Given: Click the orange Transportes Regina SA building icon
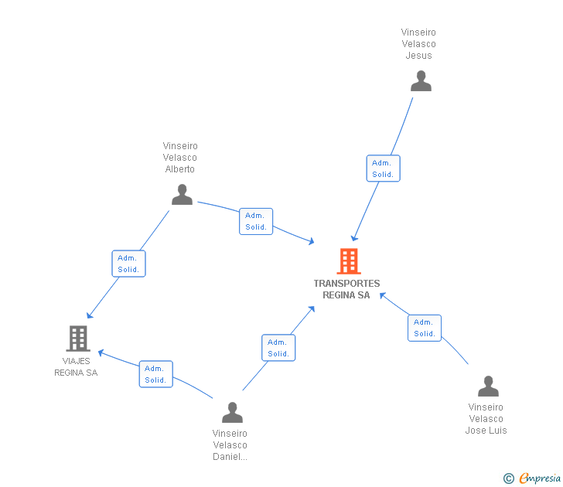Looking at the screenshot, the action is click(x=349, y=261).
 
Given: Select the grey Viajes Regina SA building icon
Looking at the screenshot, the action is click(x=78, y=339).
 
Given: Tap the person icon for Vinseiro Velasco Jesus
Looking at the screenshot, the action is click(x=421, y=80).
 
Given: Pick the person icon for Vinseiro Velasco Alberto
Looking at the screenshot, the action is click(x=182, y=195).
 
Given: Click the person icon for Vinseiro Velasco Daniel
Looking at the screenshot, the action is click(x=232, y=412).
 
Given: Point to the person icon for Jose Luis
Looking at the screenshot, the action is click(x=488, y=387).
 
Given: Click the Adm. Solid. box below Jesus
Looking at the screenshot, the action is click(x=383, y=169).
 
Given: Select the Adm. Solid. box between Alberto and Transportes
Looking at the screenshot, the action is click(x=256, y=221).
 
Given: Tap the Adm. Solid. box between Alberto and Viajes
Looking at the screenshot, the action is click(x=128, y=264).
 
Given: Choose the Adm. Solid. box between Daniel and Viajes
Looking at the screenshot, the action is click(x=156, y=374).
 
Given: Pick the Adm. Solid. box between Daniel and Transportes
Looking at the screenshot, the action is click(x=278, y=348).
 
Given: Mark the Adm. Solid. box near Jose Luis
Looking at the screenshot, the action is click(x=425, y=328).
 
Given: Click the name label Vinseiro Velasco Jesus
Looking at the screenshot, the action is click(x=418, y=44).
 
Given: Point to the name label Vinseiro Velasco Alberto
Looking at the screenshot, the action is click(x=180, y=158).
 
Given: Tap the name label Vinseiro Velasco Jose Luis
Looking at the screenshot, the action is click(x=486, y=419).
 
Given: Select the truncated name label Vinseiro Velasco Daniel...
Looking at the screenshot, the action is click(x=230, y=445).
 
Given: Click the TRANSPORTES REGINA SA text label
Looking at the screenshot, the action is click(x=346, y=289).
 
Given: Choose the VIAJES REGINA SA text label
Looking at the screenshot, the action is click(x=76, y=366).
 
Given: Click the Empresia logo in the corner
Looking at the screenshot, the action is click(x=540, y=478).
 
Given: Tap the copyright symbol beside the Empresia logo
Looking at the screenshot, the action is click(x=508, y=478).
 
